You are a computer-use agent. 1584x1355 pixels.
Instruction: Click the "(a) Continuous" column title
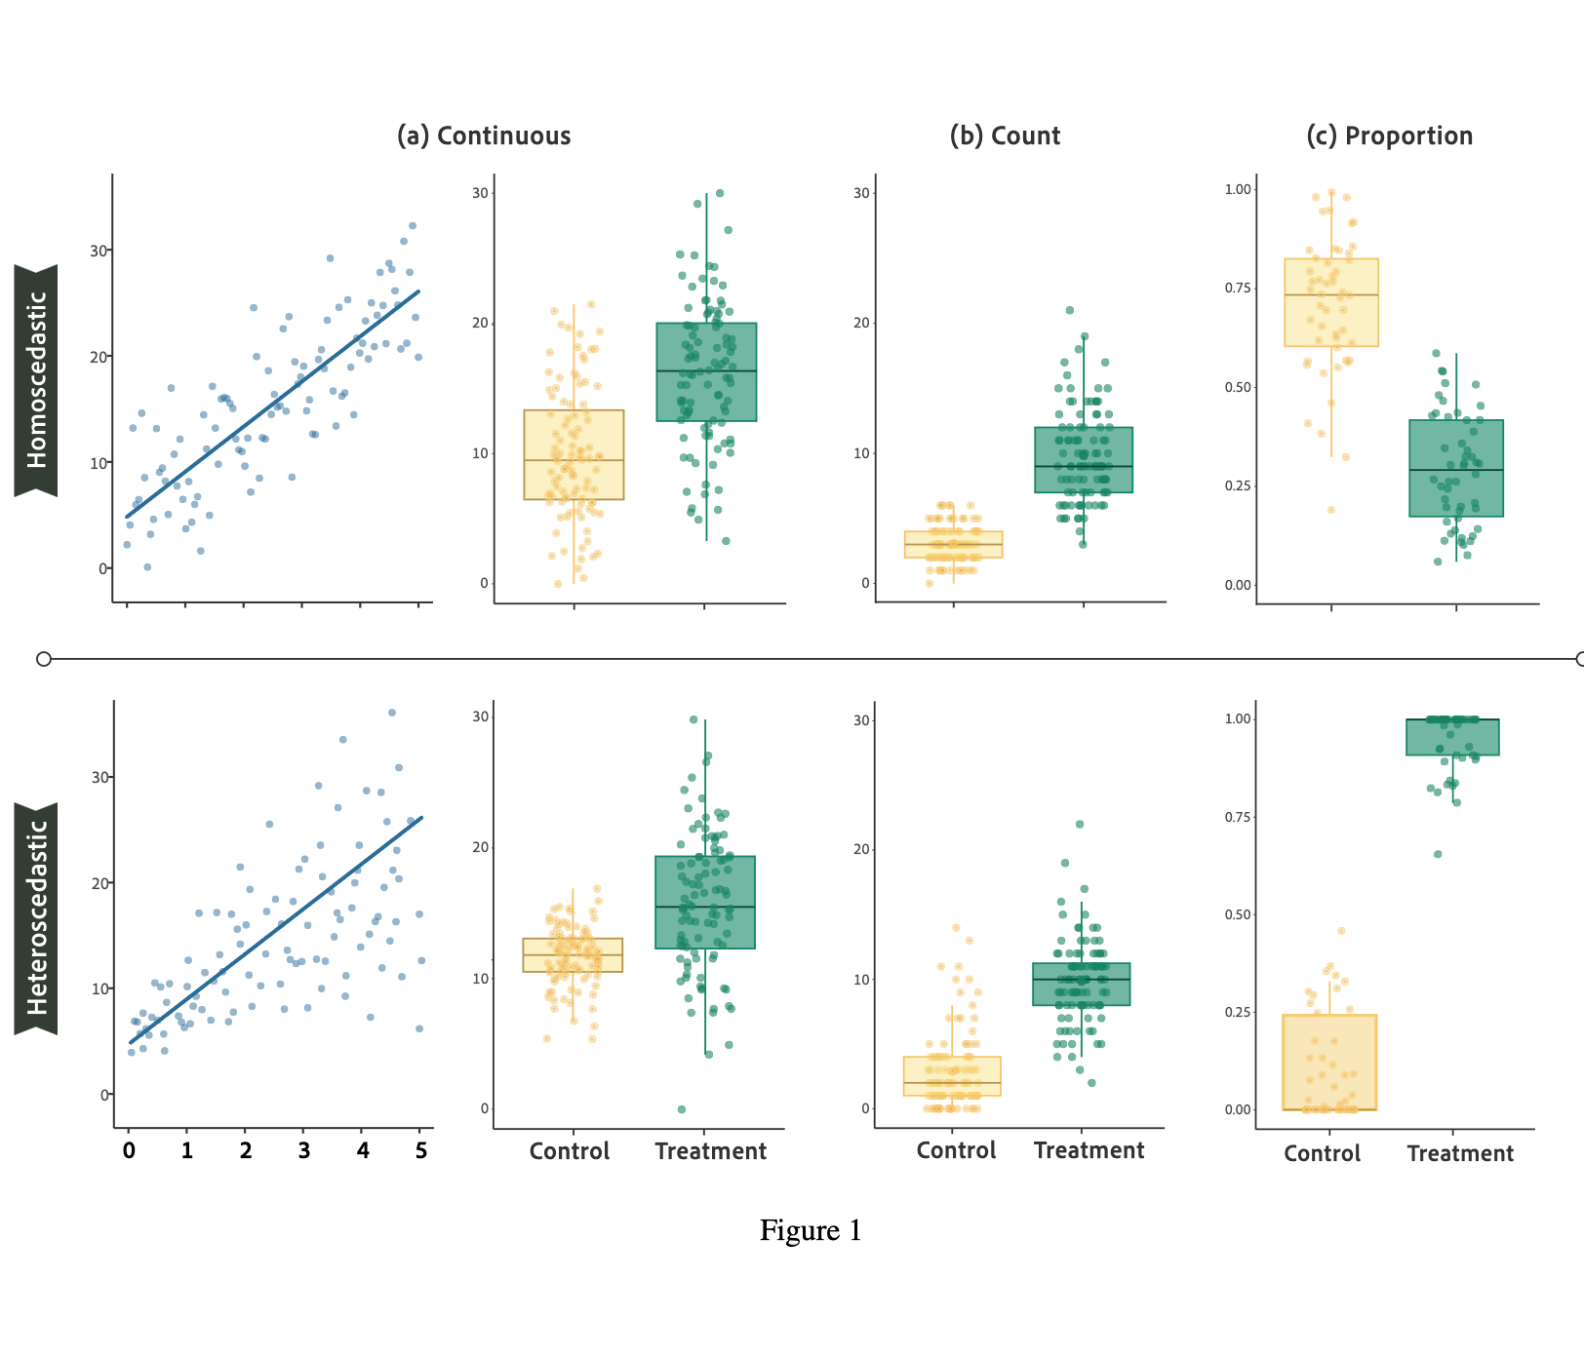pyautogui.click(x=484, y=135)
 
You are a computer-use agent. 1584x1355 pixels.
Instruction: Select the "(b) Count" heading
pyautogui.click(x=1005, y=135)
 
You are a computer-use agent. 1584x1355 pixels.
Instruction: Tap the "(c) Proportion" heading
pyautogui.click(x=1389, y=135)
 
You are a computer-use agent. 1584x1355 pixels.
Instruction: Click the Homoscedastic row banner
pyautogui.click(x=36, y=380)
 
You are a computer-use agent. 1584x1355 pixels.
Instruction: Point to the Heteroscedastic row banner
pyautogui.click(x=36, y=918)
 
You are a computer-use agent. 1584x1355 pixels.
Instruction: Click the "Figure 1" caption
pyautogui.click(x=811, y=1231)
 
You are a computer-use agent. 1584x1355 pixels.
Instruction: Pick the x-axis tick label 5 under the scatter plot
pyautogui.click(x=421, y=1150)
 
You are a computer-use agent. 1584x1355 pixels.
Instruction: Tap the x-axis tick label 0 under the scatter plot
pyautogui.click(x=129, y=1150)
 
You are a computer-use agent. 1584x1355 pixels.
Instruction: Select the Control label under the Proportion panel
pyautogui.click(x=1322, y=1154)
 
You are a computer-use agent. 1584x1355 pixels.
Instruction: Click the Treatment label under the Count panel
pyautogui.click(x=1089, y=1151)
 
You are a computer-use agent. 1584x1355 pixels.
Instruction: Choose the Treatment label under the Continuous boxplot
pyautogui.click(x=710, y=1152)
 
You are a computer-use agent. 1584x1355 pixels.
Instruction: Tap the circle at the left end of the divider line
pyautogui.click(x=44, y=659)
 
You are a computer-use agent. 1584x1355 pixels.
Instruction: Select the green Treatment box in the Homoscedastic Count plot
pyautogui.click(x=1083, y=460)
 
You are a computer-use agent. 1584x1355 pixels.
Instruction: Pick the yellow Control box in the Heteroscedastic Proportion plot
pyautogui.click(x=1328, y=1063)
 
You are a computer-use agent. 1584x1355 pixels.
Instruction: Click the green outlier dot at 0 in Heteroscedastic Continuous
pyautogui.click(x=682, y=1109)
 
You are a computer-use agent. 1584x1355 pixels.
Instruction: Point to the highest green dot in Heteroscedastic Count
pyautogui.click(x=1080, y=825)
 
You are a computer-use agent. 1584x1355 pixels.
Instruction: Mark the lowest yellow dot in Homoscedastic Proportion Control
pyautogui.click(x=1330, y=510)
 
